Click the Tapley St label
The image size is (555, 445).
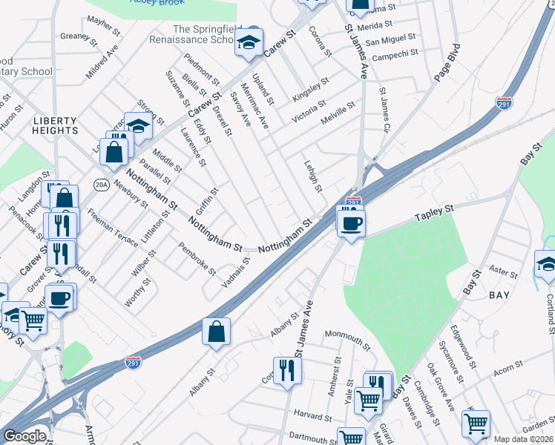point(434,212)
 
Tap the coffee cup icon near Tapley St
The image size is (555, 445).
point(351,222)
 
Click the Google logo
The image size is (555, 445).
point(25,436)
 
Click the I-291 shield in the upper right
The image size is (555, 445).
point(505,104)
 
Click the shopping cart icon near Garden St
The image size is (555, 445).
point(476,423)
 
